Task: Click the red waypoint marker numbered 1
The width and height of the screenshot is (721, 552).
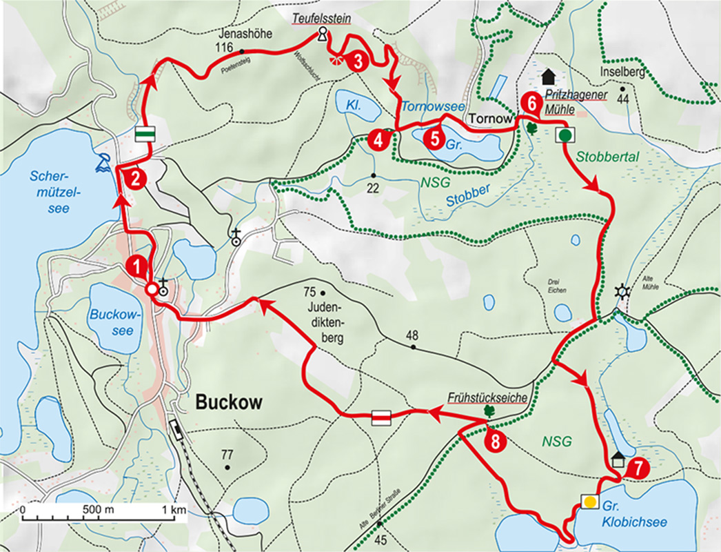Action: pos(137,265)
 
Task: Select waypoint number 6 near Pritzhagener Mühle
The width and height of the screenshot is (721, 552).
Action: pos(529,102)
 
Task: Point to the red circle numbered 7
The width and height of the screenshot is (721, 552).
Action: pos(639,467)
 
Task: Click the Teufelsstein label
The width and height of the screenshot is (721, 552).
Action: pos(321,21)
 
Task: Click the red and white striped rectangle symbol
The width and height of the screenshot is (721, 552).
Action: pos(381,417)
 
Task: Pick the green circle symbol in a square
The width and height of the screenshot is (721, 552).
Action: pos(565,135)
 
